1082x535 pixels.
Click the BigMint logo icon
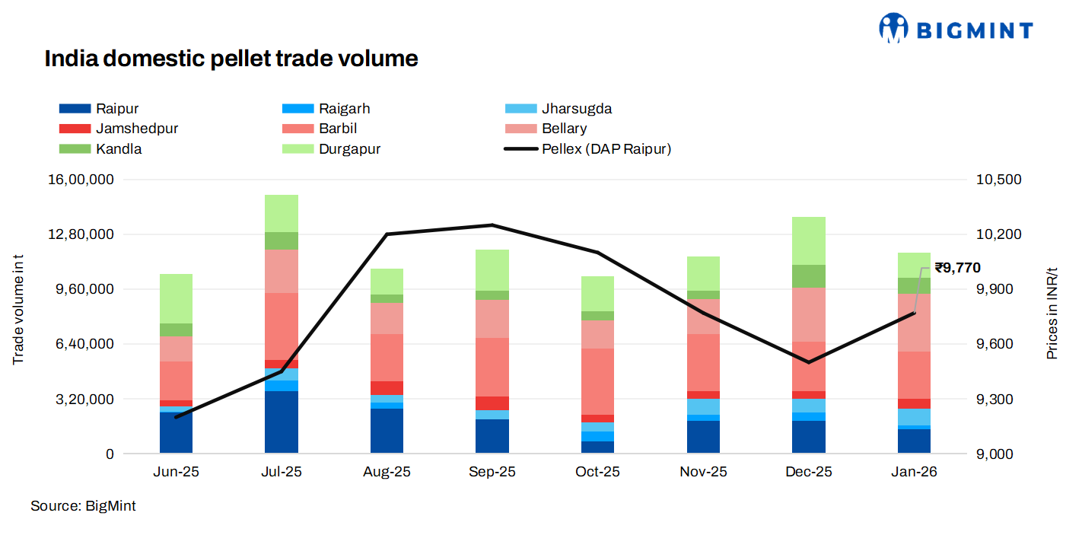click(893, 28)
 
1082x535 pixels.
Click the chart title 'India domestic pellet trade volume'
click(231, 59)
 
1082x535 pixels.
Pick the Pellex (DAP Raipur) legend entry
click(606, 149)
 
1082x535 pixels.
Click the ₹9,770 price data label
click(957, 268)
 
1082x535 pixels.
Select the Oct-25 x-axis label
click(597, 472)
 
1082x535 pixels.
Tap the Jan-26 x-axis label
click(914, 472)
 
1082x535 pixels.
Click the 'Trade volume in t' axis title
click(18, 310)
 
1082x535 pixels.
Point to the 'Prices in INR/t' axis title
click(1052, 314)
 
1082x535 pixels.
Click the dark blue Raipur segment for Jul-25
click(282, 422)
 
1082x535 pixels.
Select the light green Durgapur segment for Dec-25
click(809, 240)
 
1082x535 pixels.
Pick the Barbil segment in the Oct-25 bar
click(597, 381)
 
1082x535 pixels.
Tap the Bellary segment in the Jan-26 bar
click(914, 323)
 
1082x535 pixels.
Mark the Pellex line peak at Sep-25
click(492, 225)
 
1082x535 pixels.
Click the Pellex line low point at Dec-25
click(809, 362)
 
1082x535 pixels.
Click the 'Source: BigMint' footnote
click(83, 506)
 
